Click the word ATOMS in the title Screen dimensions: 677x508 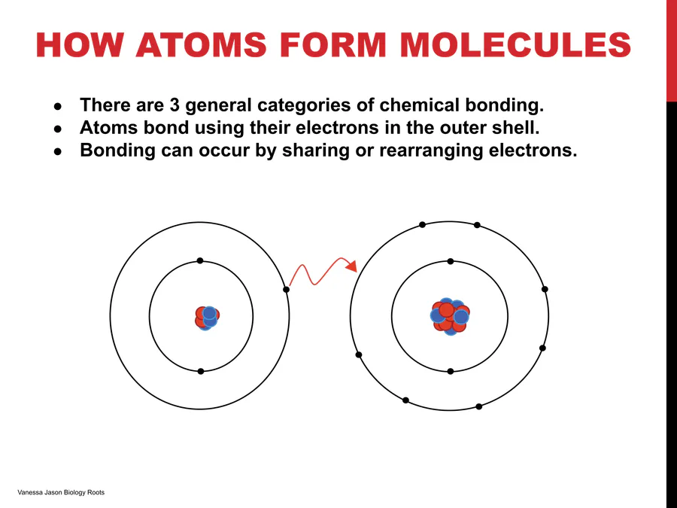point(201,44)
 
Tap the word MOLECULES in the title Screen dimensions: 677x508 point(515,44)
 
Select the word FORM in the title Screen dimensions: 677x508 point(333,44)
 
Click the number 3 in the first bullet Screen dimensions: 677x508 point(175,105)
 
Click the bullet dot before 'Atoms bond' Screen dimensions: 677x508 point(58,129)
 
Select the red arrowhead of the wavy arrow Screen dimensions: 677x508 point(352,266)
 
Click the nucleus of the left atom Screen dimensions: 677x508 point(207,318)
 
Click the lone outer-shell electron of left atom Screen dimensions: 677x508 point(287,290)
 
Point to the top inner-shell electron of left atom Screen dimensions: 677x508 point(200,260)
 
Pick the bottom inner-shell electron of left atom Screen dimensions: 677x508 point(200,371)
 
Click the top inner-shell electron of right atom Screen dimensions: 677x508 point(451,261)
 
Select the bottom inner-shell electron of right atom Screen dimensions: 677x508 point(451,371)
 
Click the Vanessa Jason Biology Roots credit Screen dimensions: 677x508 point(61,492)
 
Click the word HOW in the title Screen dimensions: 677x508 point(80,44)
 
